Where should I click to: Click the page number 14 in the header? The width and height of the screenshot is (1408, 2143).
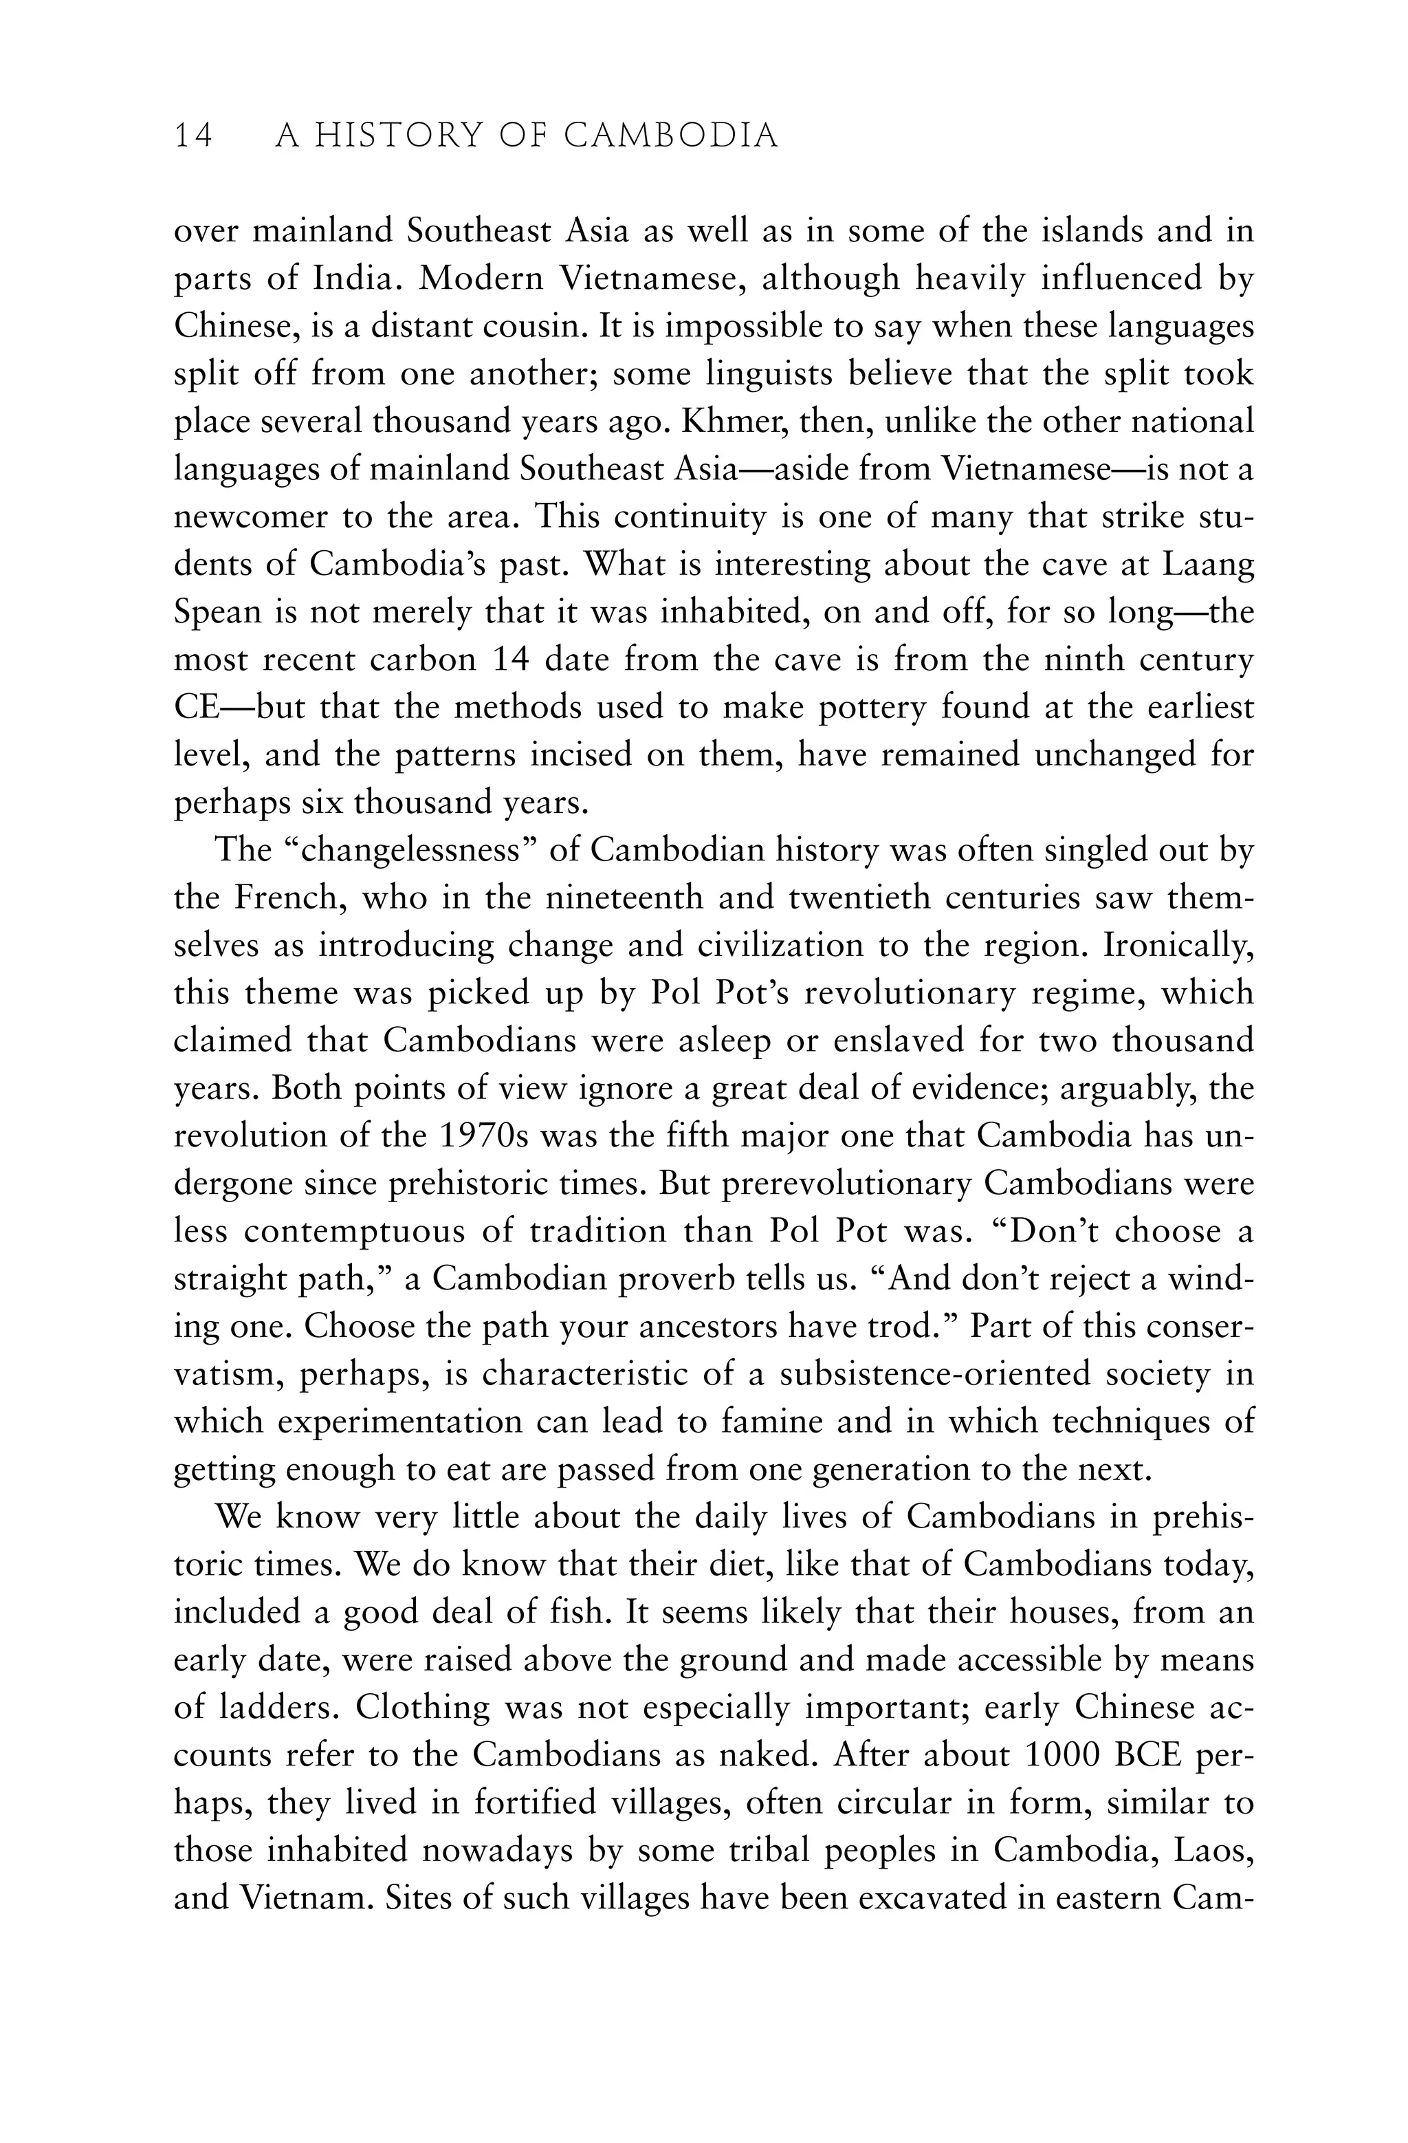tap(194, 136)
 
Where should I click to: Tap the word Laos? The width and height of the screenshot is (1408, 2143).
tap(1213, 1850)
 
